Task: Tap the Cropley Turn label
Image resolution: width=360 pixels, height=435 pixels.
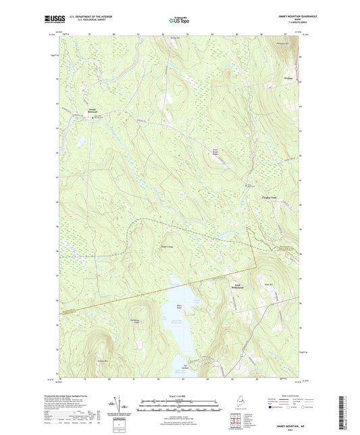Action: pos(270,198)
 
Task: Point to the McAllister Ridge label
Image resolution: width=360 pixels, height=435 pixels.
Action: pos(134,320)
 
